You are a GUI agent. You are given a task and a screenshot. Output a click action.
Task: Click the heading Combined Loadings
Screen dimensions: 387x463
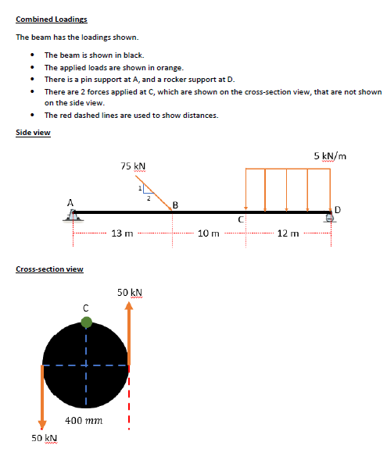(52, 19)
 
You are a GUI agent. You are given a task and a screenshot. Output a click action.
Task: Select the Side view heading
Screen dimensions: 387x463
(33, 133)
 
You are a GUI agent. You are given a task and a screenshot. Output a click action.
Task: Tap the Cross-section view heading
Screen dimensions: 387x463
(50, 269)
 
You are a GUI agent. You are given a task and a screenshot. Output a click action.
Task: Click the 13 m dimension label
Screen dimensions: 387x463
(123, 233)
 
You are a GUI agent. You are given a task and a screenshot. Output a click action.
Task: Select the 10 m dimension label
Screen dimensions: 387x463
(208, 233)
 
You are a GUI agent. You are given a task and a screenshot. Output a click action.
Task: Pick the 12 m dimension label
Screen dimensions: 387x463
(288, 233)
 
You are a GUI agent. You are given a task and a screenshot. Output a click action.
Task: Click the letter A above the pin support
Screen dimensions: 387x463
(70, 202)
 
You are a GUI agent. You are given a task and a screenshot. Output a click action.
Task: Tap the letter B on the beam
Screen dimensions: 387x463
(175, 205)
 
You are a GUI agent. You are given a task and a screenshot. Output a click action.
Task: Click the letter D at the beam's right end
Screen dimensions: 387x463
(338, 208)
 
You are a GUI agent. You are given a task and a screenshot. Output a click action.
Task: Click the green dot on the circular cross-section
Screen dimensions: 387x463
(86, 321)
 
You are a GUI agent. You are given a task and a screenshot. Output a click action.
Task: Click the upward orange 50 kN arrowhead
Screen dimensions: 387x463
(130, 306)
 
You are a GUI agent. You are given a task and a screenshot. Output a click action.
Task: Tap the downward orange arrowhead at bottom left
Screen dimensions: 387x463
(42, 423)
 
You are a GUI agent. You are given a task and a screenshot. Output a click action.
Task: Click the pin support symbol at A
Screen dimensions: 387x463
(70, 219)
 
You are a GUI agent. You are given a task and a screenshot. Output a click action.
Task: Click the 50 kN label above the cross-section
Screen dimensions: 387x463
(129, 292)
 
